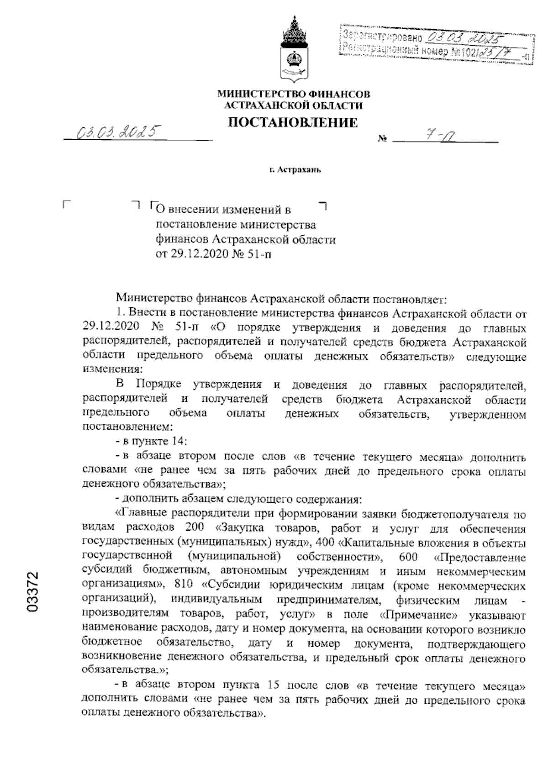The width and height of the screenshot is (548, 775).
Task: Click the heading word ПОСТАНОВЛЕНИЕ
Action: point(293,122)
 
